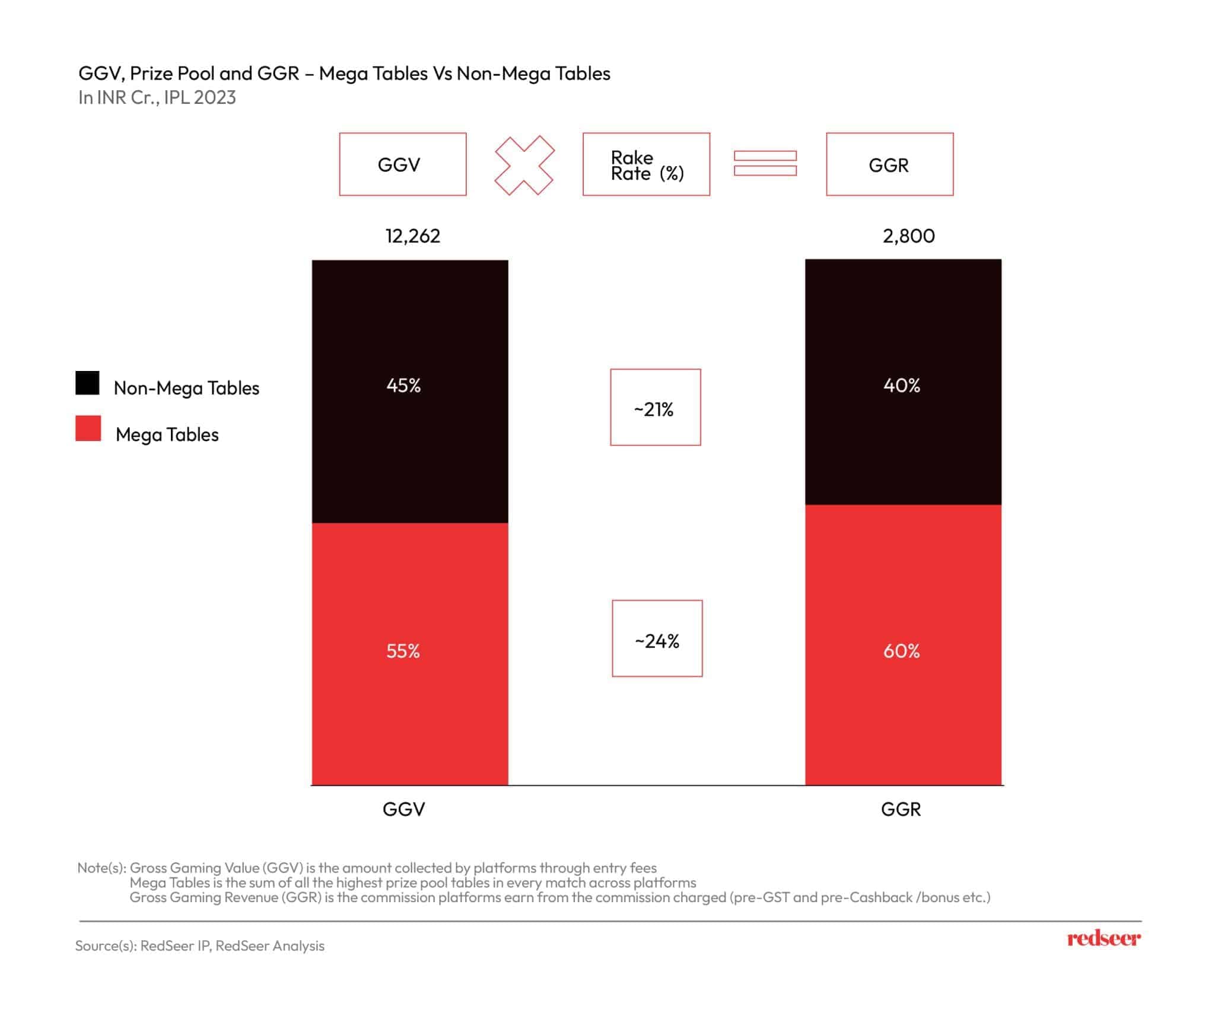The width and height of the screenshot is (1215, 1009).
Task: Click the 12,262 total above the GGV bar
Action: click(413, 236)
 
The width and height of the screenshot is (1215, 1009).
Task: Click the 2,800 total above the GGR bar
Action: click(908, 236)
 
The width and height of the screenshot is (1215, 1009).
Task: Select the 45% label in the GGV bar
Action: click(403, 386)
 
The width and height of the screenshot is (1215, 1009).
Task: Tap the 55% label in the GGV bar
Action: click(403, 651)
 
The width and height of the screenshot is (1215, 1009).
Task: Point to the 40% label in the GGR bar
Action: click(902, 386)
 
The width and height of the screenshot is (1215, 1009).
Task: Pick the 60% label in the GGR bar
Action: click(902, 651)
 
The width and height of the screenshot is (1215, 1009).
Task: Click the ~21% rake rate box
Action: click(655, 408)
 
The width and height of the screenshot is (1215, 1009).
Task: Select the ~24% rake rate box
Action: click(657, 639)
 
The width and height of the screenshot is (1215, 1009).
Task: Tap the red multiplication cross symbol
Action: click(524, 165)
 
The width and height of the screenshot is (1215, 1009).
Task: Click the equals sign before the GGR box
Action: click(765, 164)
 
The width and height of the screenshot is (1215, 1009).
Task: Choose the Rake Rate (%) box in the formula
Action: click(646, 164)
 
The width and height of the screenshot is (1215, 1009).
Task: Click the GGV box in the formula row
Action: click(403, 164)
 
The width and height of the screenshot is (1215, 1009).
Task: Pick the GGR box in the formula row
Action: click(889, 164)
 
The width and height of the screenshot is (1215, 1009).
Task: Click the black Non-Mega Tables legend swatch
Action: click(88, 383)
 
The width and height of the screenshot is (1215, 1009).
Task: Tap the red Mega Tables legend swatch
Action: click(88, 429)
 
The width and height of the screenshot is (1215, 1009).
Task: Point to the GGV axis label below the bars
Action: click(404, 809)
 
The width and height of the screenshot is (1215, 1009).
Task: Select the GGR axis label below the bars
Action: click(901, 809)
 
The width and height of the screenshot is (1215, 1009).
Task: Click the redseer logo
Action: click(1103, 938)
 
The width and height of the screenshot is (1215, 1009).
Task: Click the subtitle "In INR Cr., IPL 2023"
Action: click(157, 97)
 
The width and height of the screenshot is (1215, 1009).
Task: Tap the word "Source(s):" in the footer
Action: click(106, 945)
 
